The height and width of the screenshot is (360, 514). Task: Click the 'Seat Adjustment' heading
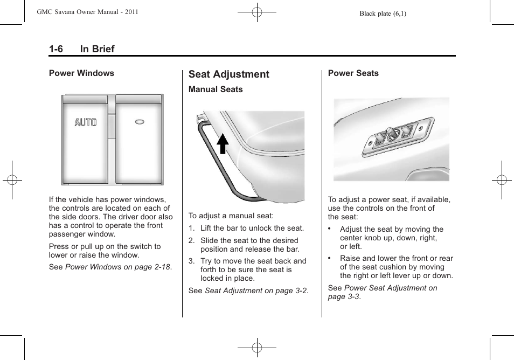(228, 74)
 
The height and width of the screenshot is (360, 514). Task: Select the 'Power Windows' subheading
(81, 73)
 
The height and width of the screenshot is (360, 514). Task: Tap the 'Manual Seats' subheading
(216, 89)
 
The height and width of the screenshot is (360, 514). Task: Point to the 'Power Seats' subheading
(353, 73)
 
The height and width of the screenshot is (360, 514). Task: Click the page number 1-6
(56, 49)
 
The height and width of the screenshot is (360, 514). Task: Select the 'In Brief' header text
(97, 49)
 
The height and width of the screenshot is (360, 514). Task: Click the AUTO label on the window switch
(86, 122)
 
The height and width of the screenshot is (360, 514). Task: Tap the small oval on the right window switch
(140, 122)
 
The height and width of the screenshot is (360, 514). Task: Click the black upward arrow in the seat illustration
(223, 144)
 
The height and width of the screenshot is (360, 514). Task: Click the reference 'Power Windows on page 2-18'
(118, 267)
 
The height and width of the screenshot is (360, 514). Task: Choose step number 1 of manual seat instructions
(191, 229)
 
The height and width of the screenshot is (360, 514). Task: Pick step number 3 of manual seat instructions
(191, 261)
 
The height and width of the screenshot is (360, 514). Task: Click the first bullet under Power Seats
(330, 229)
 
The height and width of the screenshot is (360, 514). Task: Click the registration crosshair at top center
(257, 12)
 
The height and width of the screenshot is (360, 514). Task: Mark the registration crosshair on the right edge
(501, 180)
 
